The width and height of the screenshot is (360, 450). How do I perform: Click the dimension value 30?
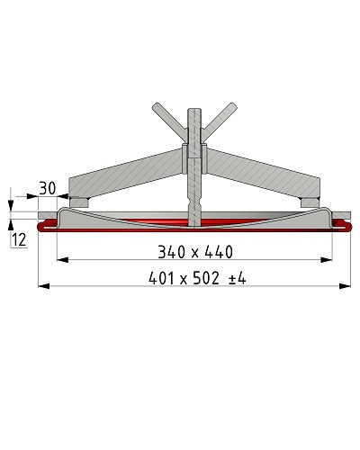tap(48, 189)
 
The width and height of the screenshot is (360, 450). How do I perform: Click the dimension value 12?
tap(19, 240)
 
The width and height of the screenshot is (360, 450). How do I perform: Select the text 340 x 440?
tap(195, 252)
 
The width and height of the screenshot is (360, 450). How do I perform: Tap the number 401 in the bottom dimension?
tap(161, 278)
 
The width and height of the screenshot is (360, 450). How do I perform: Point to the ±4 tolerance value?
tap(238, 279)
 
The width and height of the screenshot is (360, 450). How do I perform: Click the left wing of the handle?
tap(170, 121)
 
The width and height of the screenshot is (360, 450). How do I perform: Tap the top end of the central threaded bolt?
tap(195, 110)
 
